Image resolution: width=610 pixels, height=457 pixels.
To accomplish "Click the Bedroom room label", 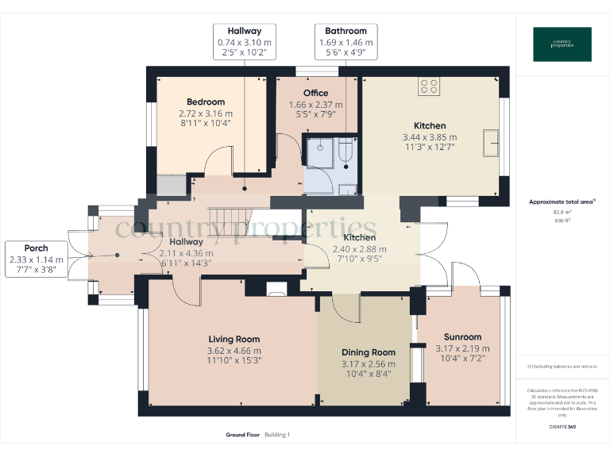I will (206, 102).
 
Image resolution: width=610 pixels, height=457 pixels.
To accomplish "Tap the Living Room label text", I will (234, 340).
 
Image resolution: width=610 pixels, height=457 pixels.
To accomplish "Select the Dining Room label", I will (368, 352).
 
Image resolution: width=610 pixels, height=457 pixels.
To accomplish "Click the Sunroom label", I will (462, 337).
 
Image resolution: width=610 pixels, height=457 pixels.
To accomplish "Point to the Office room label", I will (315, 93).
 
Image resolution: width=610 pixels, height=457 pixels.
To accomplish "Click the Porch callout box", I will (36, 259).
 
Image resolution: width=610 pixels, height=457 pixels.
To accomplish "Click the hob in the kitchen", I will (430, 86).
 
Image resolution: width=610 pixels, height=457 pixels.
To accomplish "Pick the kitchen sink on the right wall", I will (496, 144).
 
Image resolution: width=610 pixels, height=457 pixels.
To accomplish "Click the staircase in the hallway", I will (230, 217).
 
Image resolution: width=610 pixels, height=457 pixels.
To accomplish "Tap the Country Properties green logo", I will (562, 44).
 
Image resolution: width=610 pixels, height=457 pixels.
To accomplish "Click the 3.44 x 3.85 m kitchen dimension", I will (430, 136).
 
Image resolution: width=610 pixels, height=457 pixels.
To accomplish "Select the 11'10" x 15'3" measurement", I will (234, 360).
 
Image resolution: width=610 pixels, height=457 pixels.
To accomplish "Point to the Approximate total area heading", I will (560, 202).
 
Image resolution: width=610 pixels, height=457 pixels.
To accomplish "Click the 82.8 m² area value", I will (562, 213).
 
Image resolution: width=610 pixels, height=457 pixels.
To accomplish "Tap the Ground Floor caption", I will (242, 435).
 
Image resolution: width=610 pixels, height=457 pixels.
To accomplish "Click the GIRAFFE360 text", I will (562, 428).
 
